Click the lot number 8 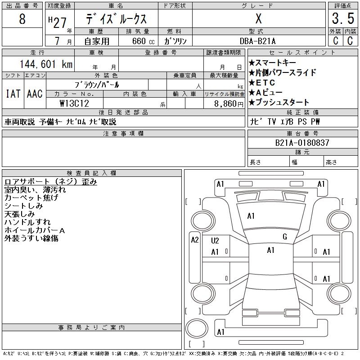(x=22, y=20)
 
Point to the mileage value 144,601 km (x=45, y=64)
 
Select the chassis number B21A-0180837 (x=302, y=143)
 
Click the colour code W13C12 (x=74, y=103)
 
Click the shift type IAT (x=12, y=94)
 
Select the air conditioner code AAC (x=34, y=94)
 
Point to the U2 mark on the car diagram (x=215, y=241)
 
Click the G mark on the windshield (x=284, y=237)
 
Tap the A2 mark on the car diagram (x=195, y=240)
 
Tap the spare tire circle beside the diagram (x=195, y=329)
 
